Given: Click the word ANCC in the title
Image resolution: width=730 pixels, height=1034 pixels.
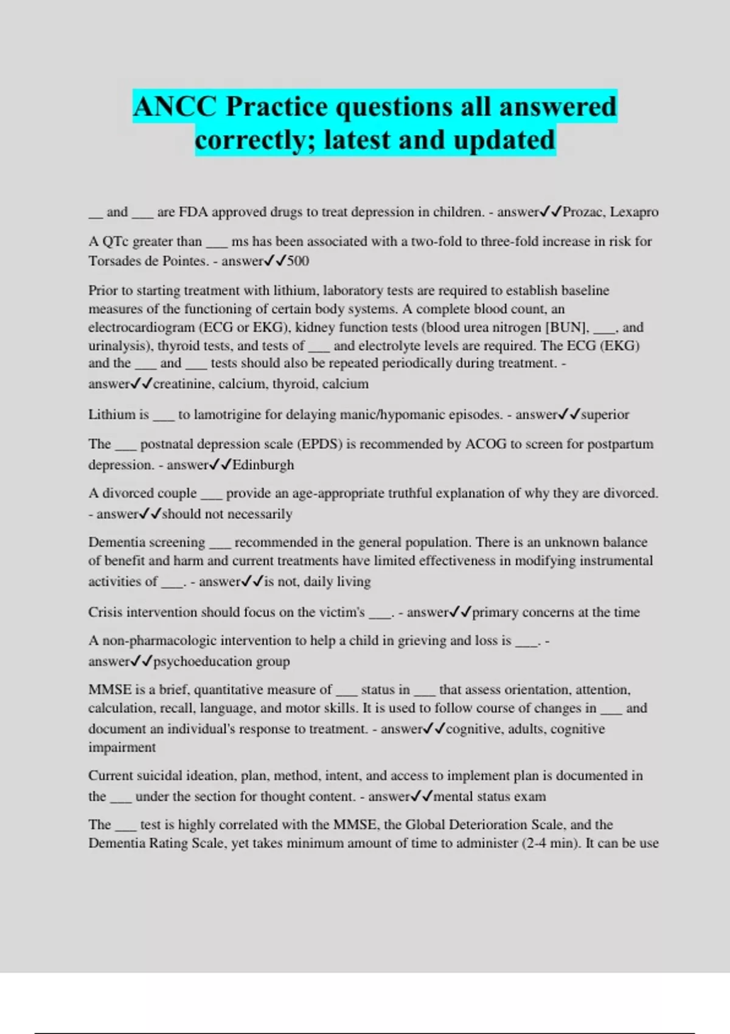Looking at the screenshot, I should [175, 107].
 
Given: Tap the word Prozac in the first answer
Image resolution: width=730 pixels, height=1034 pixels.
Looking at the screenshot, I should [583, 212].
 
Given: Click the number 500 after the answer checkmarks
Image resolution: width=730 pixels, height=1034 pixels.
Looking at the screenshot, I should [298, 262].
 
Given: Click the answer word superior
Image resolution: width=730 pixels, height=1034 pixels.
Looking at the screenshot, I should [605, 415].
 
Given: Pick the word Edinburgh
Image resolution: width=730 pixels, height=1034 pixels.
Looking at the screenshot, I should [263, 465].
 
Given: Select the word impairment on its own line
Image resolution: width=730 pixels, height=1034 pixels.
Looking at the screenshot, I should [122, 748].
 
